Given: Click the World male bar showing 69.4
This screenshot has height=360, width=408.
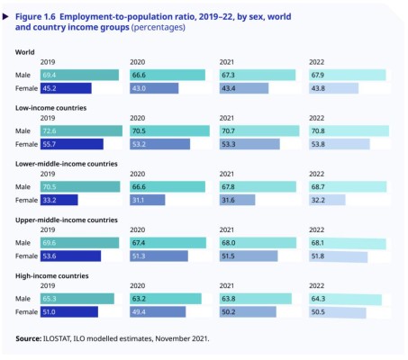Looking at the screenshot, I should (79, 75).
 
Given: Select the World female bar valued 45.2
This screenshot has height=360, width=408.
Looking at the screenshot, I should (66, 88).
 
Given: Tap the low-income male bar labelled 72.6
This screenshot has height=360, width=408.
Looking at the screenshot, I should (81, 130).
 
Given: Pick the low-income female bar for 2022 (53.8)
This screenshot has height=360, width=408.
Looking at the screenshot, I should (339, 144).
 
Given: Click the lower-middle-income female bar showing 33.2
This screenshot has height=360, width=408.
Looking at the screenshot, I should (59, 200).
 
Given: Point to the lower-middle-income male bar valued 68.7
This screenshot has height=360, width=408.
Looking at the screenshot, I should (348, 186).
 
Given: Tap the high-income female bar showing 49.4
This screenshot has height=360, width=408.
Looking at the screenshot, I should (158, 311).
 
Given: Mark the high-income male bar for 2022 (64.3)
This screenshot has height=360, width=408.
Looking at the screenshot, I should (345, 298).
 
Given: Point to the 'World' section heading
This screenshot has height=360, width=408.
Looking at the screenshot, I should (25, 51).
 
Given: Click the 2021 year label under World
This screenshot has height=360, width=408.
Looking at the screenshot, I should (228, 62).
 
